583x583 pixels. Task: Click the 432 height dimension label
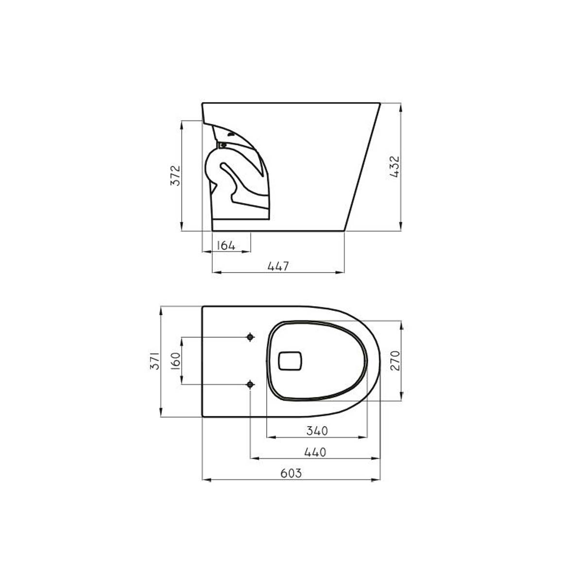[395, 167]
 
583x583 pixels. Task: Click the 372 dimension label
[175, 175]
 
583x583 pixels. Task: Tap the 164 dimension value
[226, 245]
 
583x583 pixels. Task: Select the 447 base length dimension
[278, 266]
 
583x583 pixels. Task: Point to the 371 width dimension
[155, 361]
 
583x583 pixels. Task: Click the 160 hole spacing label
[175, 360]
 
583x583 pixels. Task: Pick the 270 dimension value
[395, 360]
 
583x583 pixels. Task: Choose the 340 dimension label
[317, 431]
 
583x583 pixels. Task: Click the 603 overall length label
[291, 473]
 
